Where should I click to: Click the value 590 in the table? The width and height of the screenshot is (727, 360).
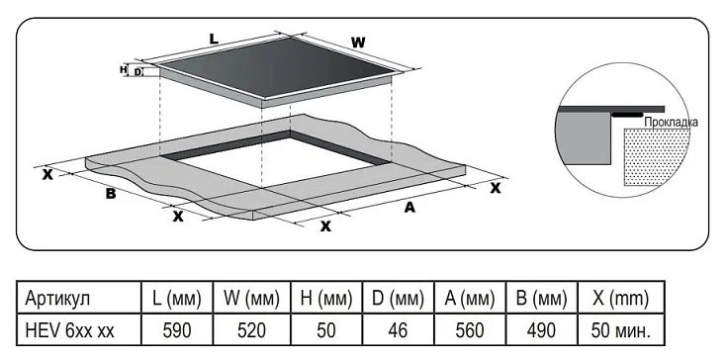(x=177, y=330)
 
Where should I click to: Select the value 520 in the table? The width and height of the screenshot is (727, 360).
(x=251, y=330)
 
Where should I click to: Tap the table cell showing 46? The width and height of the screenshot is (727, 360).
(x=399, y=330)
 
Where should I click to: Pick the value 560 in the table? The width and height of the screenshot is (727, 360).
(x=470, y=330)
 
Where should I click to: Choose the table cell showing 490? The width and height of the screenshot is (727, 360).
(x=541, y=330)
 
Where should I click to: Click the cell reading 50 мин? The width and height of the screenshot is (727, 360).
(x=621, y=330)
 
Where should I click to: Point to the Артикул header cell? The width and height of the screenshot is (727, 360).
(x=57, y=299)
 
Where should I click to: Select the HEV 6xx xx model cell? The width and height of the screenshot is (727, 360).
(x=69, y=330)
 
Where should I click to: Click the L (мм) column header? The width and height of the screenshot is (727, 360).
(x=177, y=299)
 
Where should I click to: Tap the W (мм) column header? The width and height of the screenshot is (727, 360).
(x=251, y=299)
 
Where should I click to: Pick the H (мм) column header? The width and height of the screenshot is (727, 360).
(x=326, y=299)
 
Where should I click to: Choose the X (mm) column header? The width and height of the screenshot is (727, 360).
(x=621, y=299)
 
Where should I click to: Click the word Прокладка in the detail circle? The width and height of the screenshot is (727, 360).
(x=671, y=123)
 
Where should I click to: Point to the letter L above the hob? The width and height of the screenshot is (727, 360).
(x=214, y=39)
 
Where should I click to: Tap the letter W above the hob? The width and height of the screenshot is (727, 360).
(x=357, y=43)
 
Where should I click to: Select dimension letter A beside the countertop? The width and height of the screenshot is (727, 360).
(x=409, y=208)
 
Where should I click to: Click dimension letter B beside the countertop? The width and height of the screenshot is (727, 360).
(x=111, y=193)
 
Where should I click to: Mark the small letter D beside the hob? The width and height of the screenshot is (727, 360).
(x=137, y=72)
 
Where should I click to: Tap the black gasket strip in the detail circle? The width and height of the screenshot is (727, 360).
(x=627, y=113)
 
